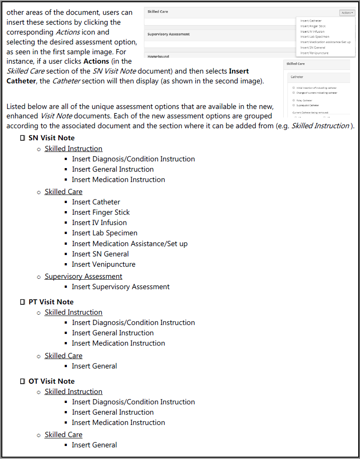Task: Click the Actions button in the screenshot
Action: click(347, 13)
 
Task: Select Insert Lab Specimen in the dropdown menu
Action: click(315, 37)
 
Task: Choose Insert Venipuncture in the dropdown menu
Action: click(314, 53)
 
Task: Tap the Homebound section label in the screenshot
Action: click(159, 56)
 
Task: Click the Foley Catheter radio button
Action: click(294, 100)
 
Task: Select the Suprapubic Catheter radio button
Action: click(294, 105)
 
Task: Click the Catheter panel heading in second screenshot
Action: click(297, 77)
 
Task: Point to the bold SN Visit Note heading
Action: click(52, 138)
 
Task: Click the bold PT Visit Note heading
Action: click(51, 302)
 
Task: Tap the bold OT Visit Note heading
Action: click(52, 381)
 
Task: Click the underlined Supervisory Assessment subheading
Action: click(83, 277)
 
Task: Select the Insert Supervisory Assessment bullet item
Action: click(121, 287)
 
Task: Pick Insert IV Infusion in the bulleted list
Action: click(99, 223)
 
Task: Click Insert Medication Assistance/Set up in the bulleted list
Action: click(130, 244)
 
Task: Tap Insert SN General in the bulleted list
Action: click(100, 254)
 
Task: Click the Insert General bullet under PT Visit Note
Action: click(94, 366)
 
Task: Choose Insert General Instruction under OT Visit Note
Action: click(113, 412)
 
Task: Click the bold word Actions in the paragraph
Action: click(96, 61)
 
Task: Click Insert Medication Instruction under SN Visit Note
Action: click(118, 180)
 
